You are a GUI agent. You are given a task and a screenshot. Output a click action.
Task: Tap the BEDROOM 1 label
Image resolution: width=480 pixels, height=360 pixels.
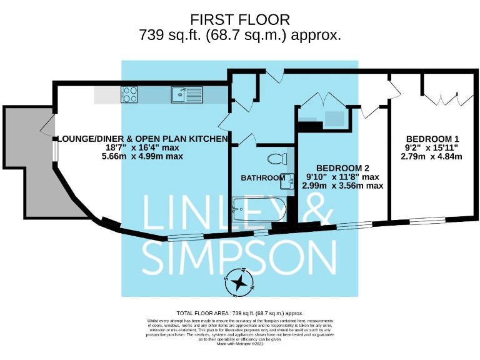pos(432,138)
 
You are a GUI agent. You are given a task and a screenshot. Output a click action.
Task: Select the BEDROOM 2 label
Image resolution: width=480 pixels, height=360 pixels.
pos(342,168)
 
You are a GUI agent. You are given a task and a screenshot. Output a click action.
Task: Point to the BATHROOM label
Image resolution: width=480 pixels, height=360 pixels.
pos(263,178)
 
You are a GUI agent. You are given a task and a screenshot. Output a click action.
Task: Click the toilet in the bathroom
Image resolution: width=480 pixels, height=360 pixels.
pos(277,157)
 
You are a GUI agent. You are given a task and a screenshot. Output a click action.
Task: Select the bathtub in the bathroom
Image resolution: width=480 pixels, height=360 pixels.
pos(259,209)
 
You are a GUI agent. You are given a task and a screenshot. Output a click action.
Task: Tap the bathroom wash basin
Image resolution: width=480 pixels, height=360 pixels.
pos(288,180)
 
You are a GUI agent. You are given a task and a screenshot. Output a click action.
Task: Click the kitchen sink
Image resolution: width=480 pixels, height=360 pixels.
pos(186,95)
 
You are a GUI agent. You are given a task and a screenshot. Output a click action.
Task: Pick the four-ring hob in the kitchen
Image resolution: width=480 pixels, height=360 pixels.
pos(129,95)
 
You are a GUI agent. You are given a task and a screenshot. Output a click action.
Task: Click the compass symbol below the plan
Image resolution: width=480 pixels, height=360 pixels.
pos(239,282)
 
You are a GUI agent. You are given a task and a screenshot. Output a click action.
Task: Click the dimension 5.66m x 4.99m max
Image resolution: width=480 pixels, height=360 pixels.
pos(144,156)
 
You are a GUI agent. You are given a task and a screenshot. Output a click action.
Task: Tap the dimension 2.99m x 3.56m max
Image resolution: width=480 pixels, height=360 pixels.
pos(342,186)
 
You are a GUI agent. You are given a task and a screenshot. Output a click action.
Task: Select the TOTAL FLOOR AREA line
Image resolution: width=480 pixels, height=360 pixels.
pos(240,312)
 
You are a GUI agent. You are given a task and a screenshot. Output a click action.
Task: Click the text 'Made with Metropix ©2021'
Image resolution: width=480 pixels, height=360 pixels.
pos(240,343)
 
